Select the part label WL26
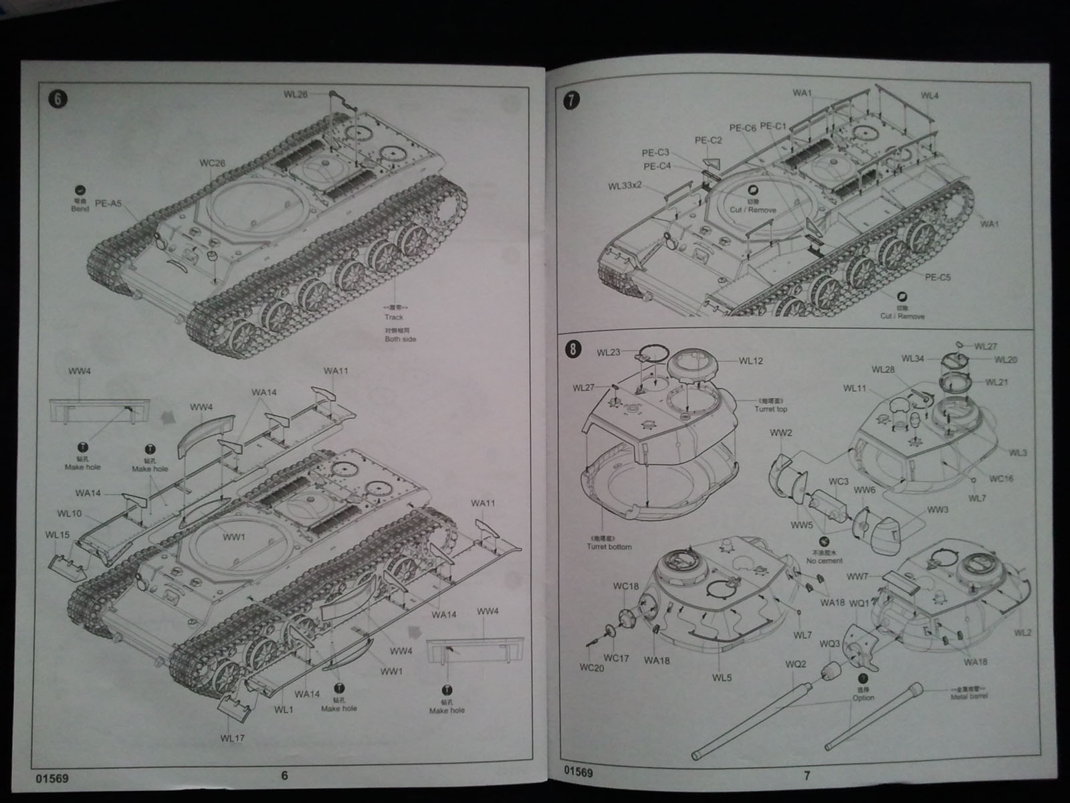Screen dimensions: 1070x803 295,94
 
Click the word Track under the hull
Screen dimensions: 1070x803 394,317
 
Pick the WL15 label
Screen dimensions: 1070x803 58,535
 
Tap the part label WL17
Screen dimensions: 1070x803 231,738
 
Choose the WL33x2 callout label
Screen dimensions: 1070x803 625,185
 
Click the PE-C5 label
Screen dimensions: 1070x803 938,277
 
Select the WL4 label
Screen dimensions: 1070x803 930,96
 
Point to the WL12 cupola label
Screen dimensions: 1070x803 751,361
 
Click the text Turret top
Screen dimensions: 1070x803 771,409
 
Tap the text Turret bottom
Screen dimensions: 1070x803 609,547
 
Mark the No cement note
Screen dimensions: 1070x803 825,561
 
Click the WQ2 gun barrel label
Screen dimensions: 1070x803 796,665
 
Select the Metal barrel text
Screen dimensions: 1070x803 968,697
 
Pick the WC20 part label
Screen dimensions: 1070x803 592,668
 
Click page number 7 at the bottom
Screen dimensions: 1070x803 807,776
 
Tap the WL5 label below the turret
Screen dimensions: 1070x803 722,677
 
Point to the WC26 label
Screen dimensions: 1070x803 212,163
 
